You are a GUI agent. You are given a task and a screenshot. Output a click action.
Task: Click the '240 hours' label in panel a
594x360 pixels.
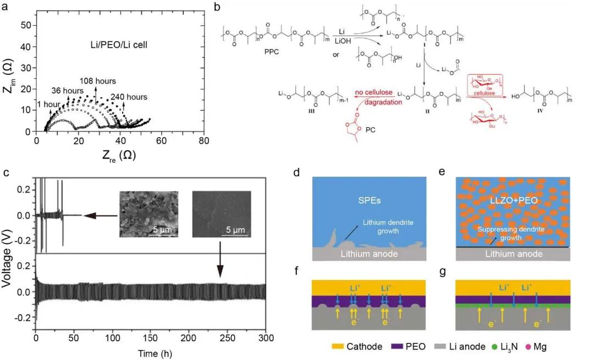(129, 97)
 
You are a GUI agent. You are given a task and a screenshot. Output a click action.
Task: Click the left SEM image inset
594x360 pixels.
(148, 214)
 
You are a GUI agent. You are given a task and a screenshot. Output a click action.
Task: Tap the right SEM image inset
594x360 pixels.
(222, 214)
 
